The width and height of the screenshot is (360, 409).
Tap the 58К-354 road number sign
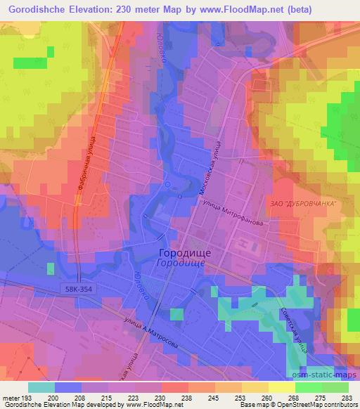coord(75,290)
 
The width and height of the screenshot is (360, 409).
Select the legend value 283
coord(347,397)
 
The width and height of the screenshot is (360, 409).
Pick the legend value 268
coord(295,397)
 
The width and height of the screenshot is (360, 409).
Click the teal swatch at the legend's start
coord(41,387)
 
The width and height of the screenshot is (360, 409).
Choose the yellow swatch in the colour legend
coord(281,387)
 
